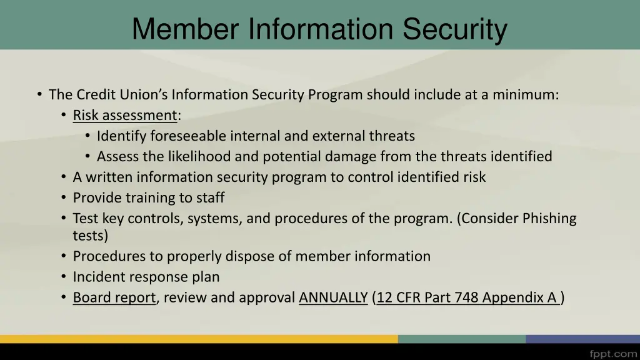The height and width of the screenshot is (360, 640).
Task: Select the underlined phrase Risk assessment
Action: [x=125, y=116]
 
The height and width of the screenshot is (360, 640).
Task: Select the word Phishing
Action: [x=549, y=219]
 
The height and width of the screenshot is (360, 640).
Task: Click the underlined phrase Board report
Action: [x=114, y=297]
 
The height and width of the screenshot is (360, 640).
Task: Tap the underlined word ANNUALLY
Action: [x=333, y=297]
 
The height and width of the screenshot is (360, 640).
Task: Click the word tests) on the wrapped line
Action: [x=90, y=236]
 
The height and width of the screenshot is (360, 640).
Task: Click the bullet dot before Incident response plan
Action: [x=64, y=276]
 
